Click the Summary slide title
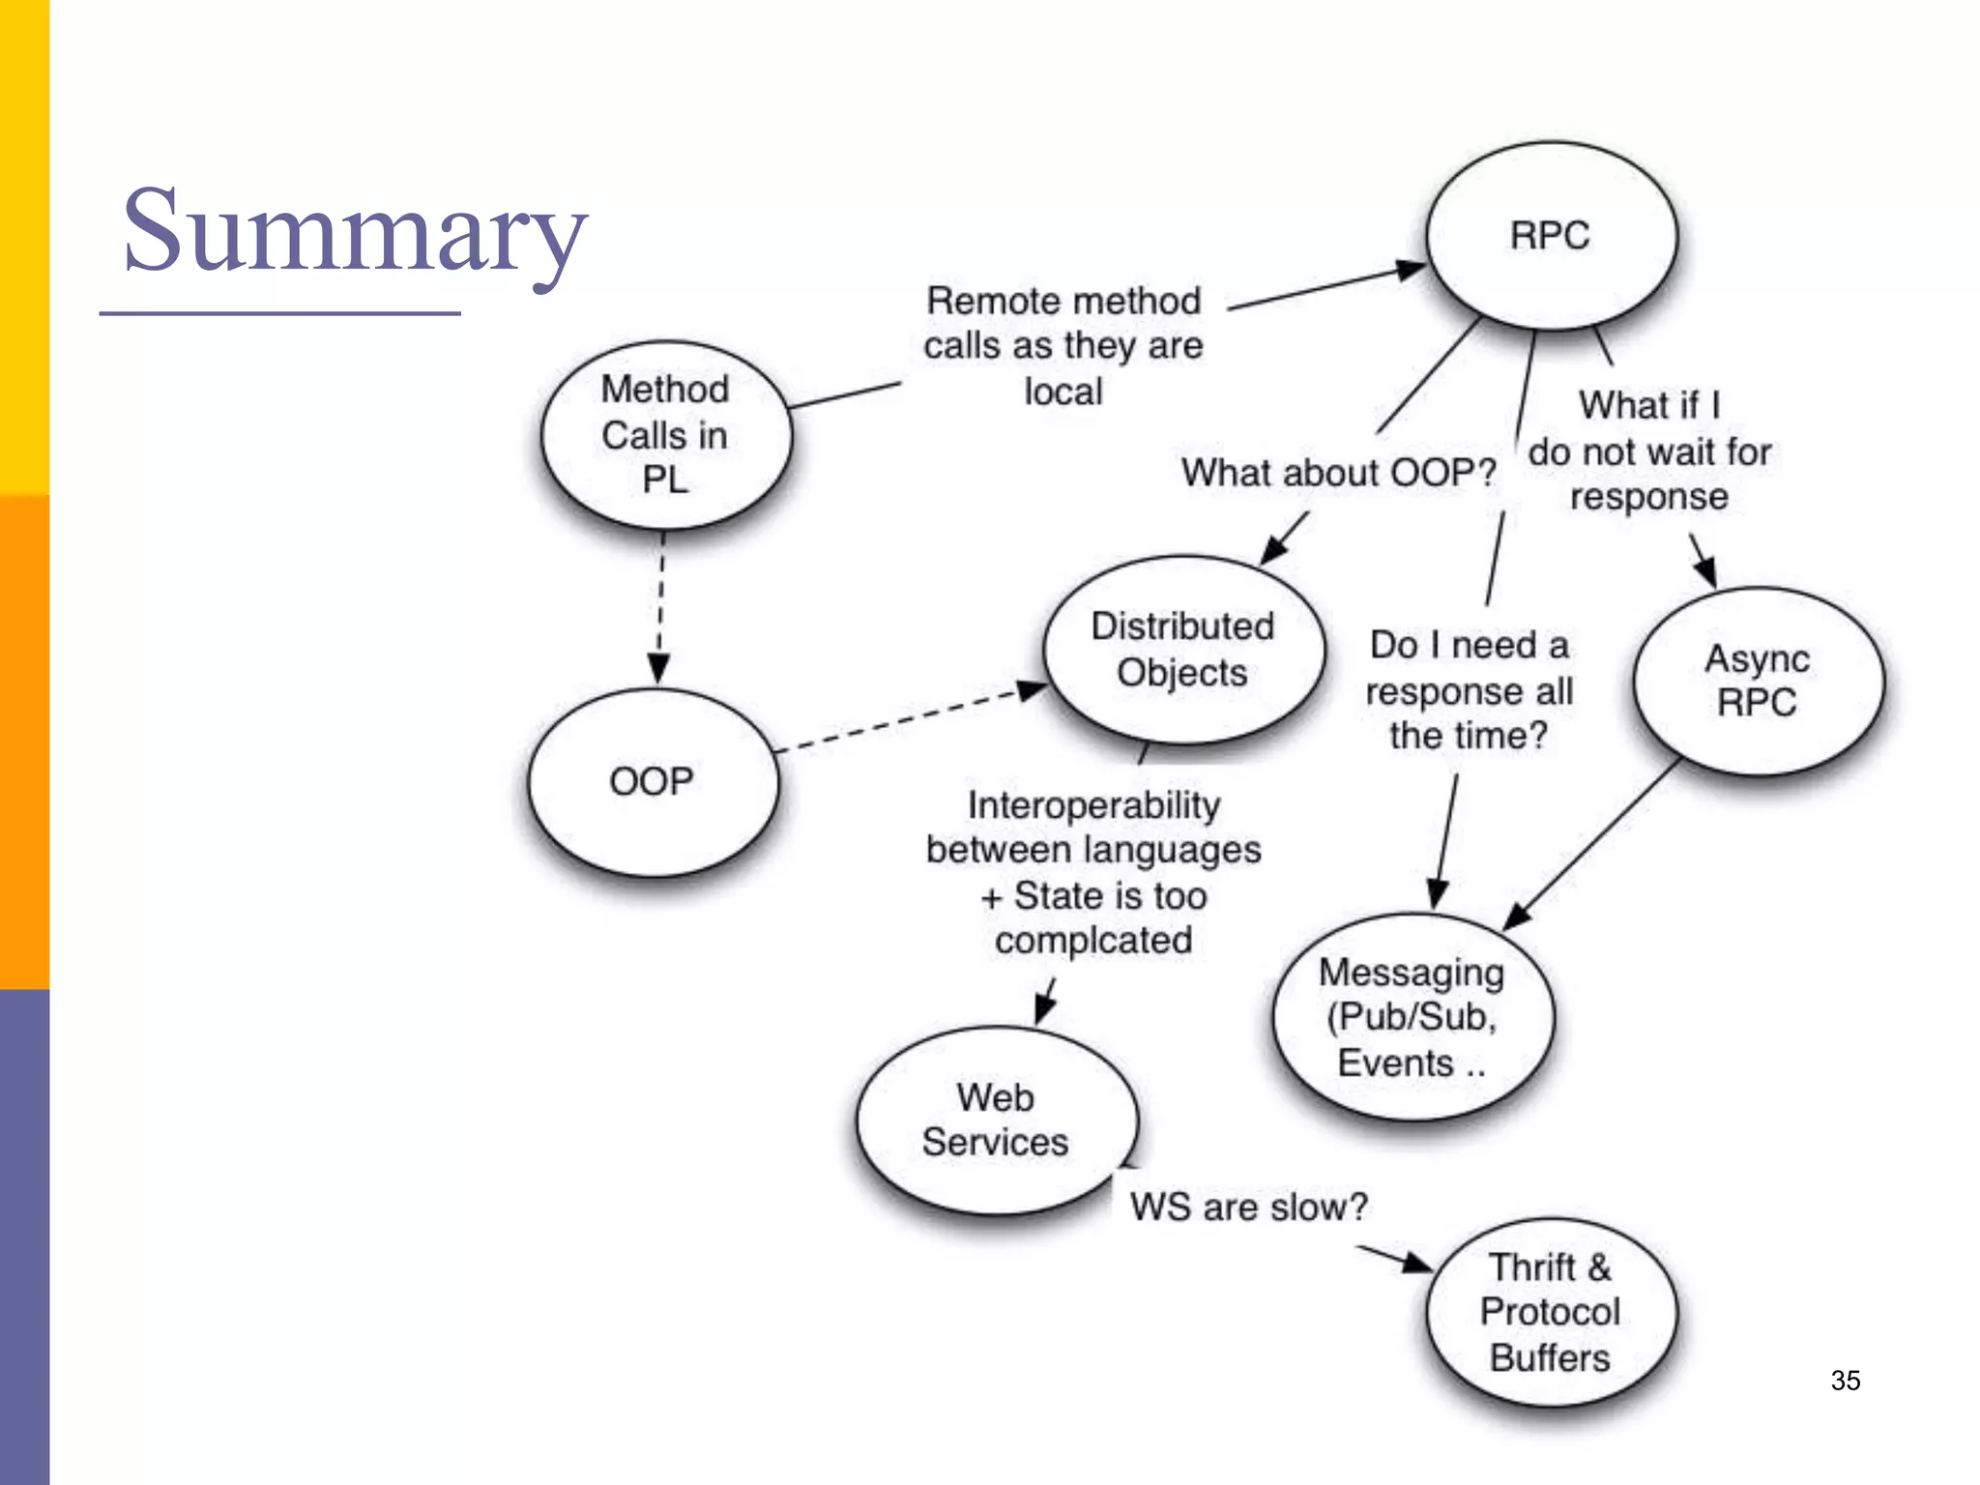[x=354, y=232]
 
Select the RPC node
[x=1551, y=236]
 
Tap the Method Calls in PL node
[x=665, y=435]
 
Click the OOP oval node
[x=652, y=781]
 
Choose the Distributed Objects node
[x=1182, y=650]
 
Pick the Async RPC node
[x=1758, y=681]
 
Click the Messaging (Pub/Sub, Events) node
[x=1412, y=1017]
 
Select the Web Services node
[x=996, y=1120]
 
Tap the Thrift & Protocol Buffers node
[x=1551, y=1312]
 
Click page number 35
[x=1845, y=1381]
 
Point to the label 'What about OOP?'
[x=1338, y=473]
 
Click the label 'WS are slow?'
[x=1249, y=1207]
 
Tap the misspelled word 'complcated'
[x=1093, y=941]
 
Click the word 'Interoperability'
[x=1093, y=805]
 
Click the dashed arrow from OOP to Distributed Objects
[x=909, y=717]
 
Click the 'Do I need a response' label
[x=1469, y=690]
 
